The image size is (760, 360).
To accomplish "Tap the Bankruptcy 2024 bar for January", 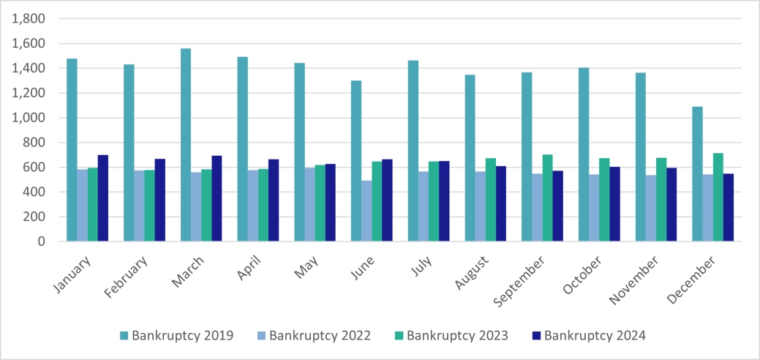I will (103, 198).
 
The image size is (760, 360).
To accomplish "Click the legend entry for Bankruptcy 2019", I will (176, 336).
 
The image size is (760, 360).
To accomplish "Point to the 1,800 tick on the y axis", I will (30, 19).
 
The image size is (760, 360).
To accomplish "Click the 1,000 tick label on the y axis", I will (30, 118).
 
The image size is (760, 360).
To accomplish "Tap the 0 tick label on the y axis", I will (41, 241).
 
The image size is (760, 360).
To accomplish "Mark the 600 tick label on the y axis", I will (34, 168).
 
